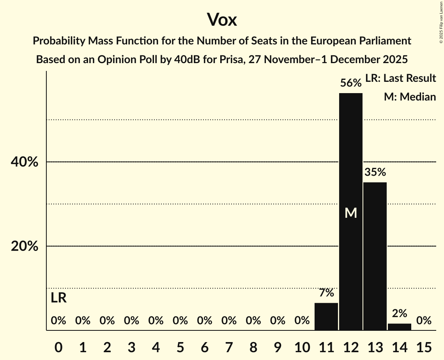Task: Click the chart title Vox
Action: point(222,19)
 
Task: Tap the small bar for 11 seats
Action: point(326,316)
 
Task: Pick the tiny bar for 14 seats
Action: point(399,327)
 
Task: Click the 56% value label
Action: point(351,83)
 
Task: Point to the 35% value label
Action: point(375,172)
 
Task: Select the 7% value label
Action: point(326,293)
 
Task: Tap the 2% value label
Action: point(399,313)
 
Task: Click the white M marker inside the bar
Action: point(351,213)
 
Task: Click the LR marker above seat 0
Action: point(58,298)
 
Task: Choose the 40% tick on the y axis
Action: point(24,162)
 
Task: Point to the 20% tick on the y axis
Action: point(24,247)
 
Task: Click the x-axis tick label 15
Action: point(424,346)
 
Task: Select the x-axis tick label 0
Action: point(58,346)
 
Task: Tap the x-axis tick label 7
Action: point(229,346)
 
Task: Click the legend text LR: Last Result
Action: point(400,78)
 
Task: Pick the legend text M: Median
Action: point(410,97)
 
